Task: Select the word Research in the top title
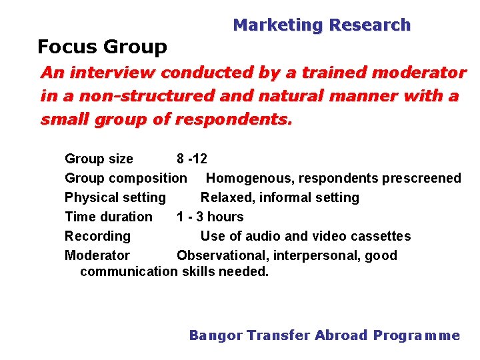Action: (370, 25)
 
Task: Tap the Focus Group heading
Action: (102, 47)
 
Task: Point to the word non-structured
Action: (145, 96)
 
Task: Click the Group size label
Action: (99, 159)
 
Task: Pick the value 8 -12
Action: (192, 159)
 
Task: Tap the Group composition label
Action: (125, 178)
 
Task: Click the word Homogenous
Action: (250, 178)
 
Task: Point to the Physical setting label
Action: (115, 197)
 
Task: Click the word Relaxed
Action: (227, 197)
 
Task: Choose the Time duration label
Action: (108, 217)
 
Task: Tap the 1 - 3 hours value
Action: (210, 217)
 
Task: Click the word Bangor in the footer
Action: (215, 335)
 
